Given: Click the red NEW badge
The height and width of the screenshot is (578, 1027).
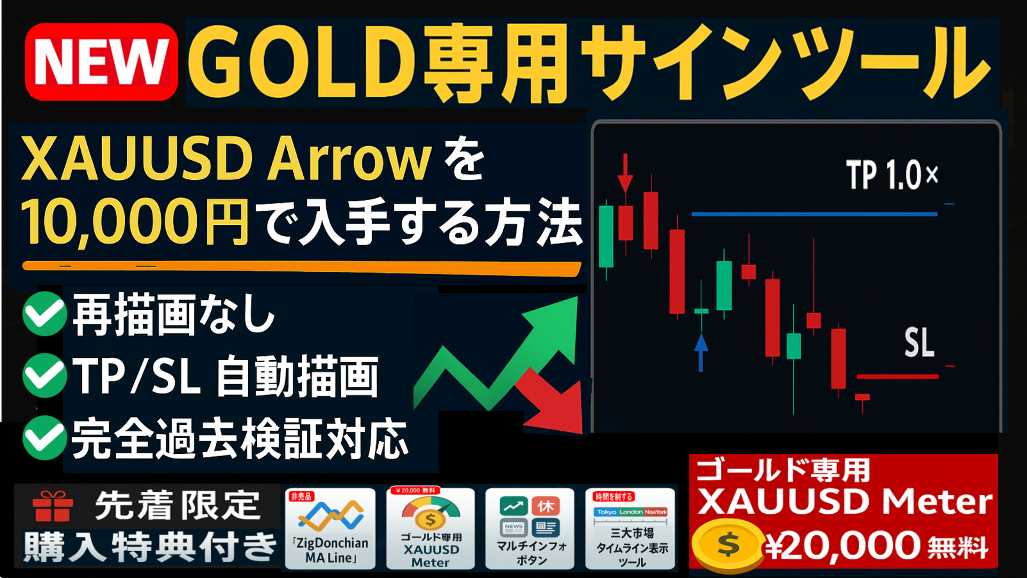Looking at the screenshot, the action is tap(101, 62).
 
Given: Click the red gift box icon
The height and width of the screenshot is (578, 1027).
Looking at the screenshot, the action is tap(53, 506).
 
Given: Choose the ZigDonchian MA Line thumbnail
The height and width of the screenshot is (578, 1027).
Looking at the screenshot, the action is tap(330, 528).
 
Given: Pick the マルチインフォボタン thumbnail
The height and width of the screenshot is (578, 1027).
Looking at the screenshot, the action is tap(530, 528).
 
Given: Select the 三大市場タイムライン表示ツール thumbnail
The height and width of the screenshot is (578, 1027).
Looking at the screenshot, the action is tap(631, 528).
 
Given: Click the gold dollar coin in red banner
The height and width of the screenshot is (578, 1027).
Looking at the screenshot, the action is tap(729, 545).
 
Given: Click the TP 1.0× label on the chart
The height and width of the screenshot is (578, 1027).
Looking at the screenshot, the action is tap(892, 174).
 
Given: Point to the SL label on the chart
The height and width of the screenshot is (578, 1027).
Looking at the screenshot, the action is tap(919, 343).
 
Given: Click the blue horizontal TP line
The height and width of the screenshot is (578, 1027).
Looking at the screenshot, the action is tap(815, 214).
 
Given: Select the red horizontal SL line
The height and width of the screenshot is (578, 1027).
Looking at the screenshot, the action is tap(898, 377).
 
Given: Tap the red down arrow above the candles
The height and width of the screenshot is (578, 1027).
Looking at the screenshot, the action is tap(625, 173).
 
